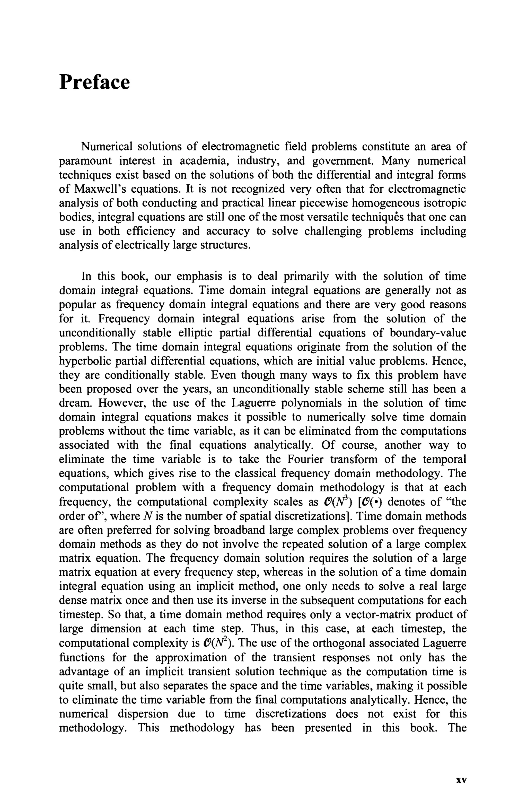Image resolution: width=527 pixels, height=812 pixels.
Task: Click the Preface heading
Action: [94, 83]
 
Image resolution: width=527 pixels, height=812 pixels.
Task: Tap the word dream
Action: [75, 403]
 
